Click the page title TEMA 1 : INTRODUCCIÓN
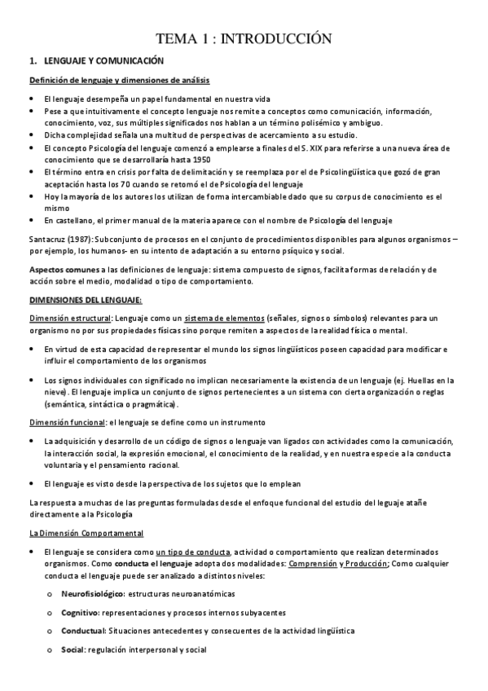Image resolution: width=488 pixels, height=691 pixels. [244, 38]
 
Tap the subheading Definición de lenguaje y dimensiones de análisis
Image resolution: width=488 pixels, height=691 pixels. [119, 80]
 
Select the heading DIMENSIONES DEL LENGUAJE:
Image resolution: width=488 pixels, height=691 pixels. [85, 299]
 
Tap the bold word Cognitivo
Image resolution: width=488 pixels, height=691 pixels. [80, 612]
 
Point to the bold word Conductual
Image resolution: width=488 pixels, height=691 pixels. [83, 631]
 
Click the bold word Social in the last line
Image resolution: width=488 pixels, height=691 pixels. [73, 649]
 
